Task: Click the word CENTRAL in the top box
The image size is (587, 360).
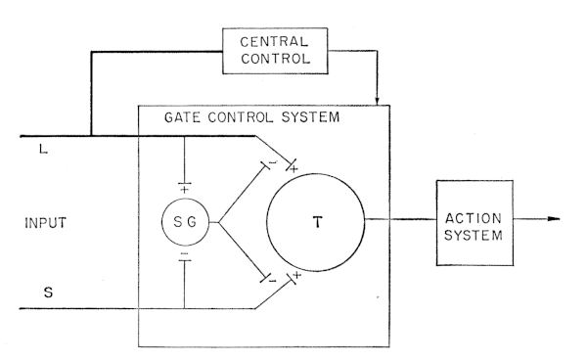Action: (274, 41)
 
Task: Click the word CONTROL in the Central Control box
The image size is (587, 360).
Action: (276, 59)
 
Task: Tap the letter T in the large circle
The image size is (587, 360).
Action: (317, 222)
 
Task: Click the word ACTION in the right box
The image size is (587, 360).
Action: (474, 218)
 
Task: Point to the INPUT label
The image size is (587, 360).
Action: (46, 223)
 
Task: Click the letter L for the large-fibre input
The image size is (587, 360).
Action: (43, 150)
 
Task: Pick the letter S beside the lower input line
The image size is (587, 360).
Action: (48, 292)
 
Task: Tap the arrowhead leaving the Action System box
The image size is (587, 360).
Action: (554, 219)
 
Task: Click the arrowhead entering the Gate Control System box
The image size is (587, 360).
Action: (377, 101)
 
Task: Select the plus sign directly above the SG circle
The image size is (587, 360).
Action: (184, 190)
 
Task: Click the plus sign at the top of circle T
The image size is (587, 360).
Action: (294, 169)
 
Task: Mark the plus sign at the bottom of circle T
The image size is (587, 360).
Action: (296, 275)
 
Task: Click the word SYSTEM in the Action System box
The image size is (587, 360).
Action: (474, 236)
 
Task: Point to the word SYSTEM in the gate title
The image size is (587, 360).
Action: (310, 117)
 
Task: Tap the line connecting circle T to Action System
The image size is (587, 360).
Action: (400, 219)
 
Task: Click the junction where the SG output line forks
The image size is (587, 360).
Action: (218, 222)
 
